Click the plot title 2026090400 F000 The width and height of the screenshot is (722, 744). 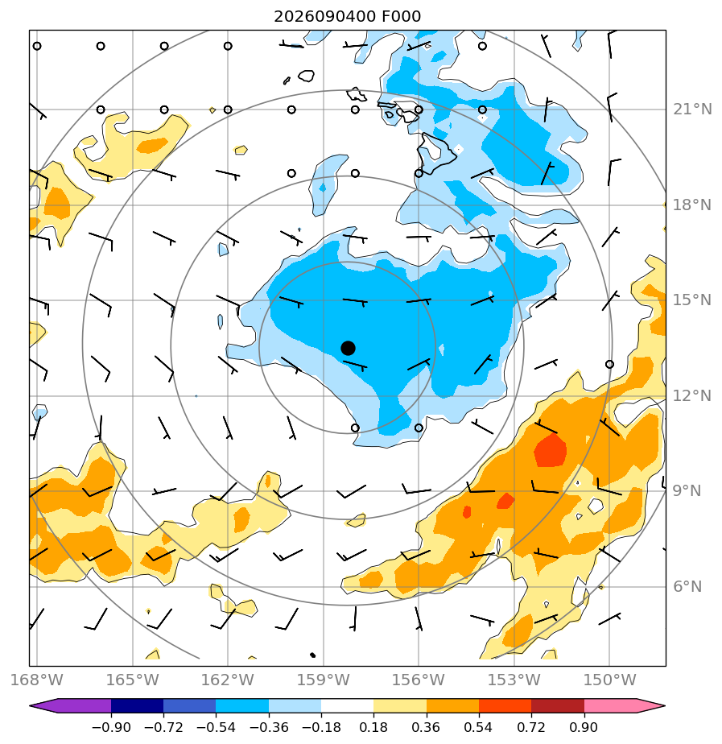click(x=347, y=17)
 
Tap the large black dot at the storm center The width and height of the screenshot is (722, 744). click(x=348, y=348)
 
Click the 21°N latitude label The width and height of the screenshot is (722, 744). click(x=692, y=110)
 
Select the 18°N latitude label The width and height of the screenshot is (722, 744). click(x=692, y=205)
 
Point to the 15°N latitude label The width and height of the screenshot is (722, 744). click(x=692, y=300)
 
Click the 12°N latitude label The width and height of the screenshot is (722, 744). click(x=692, y=395)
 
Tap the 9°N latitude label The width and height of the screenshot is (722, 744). click(x=687, y=490)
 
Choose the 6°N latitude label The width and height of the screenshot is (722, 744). click(x=687, y=586)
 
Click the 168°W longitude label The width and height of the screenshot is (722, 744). click(x=36, y=680)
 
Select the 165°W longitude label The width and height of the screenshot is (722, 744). click(x=132, y=680)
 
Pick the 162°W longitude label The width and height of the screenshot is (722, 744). click(x=228, y=680)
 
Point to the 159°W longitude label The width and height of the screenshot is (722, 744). click(x=324, y=680)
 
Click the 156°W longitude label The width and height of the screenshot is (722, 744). click(x=419, y=680)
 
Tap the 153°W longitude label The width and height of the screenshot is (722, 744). click(x=514, y=680)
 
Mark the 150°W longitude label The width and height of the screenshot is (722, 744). click(x=609, y=680)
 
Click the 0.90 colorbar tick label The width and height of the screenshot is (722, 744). click(x=584, y=727)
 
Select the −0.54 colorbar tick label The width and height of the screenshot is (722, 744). click(x=216, y=727)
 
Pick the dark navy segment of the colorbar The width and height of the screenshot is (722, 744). click(x=137, y=705)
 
